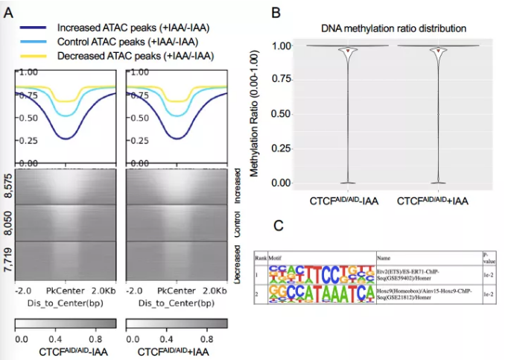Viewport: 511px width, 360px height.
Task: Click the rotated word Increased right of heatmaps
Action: (236, 189)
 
